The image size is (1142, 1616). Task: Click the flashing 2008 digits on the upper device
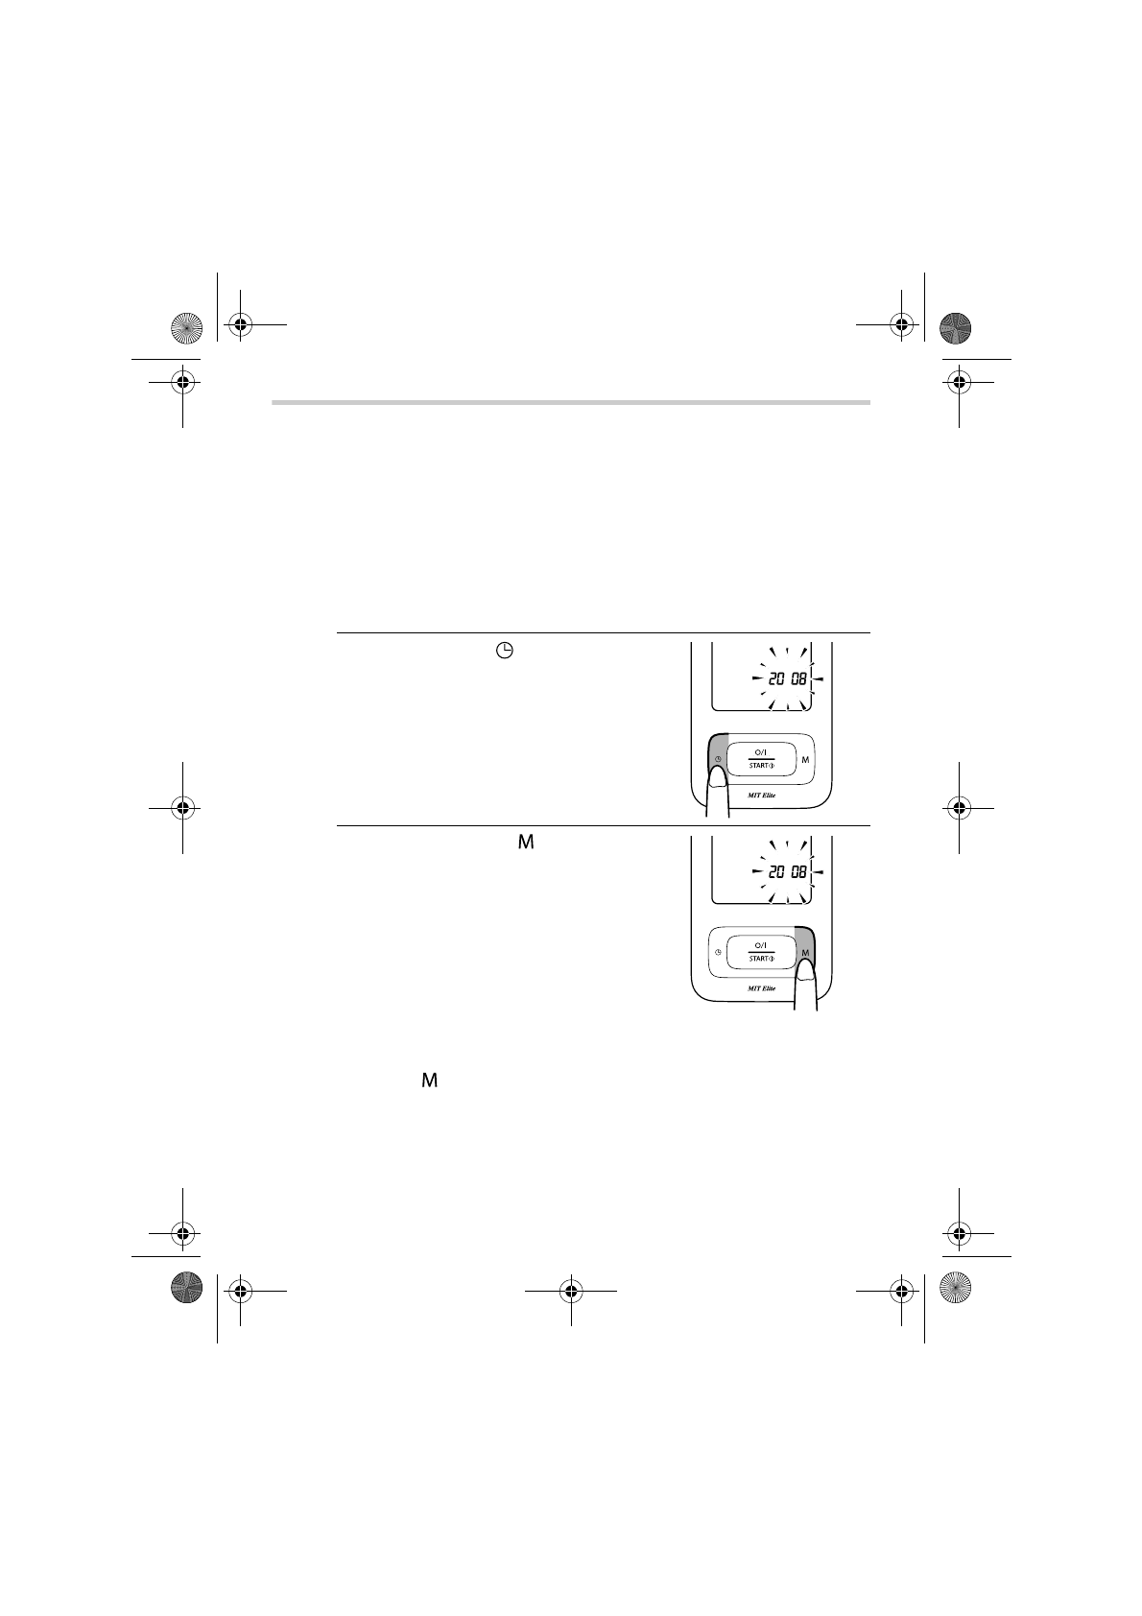click(x=786, y=678)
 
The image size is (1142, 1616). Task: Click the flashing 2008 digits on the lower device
click(x=786, y=872)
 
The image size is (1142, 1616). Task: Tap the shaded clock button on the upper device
click(x=718, y=756)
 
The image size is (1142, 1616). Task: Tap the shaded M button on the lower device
click(x=805, y=949)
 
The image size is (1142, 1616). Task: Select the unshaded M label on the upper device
click(x=805, y=760)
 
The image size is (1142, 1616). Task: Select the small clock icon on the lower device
click(x=718, y=953)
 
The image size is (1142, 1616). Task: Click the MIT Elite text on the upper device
click(x=761, y=796)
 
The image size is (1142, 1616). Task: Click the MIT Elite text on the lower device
click(x=761, y=988)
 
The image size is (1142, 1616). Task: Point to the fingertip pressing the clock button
click(x=717, y=780)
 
